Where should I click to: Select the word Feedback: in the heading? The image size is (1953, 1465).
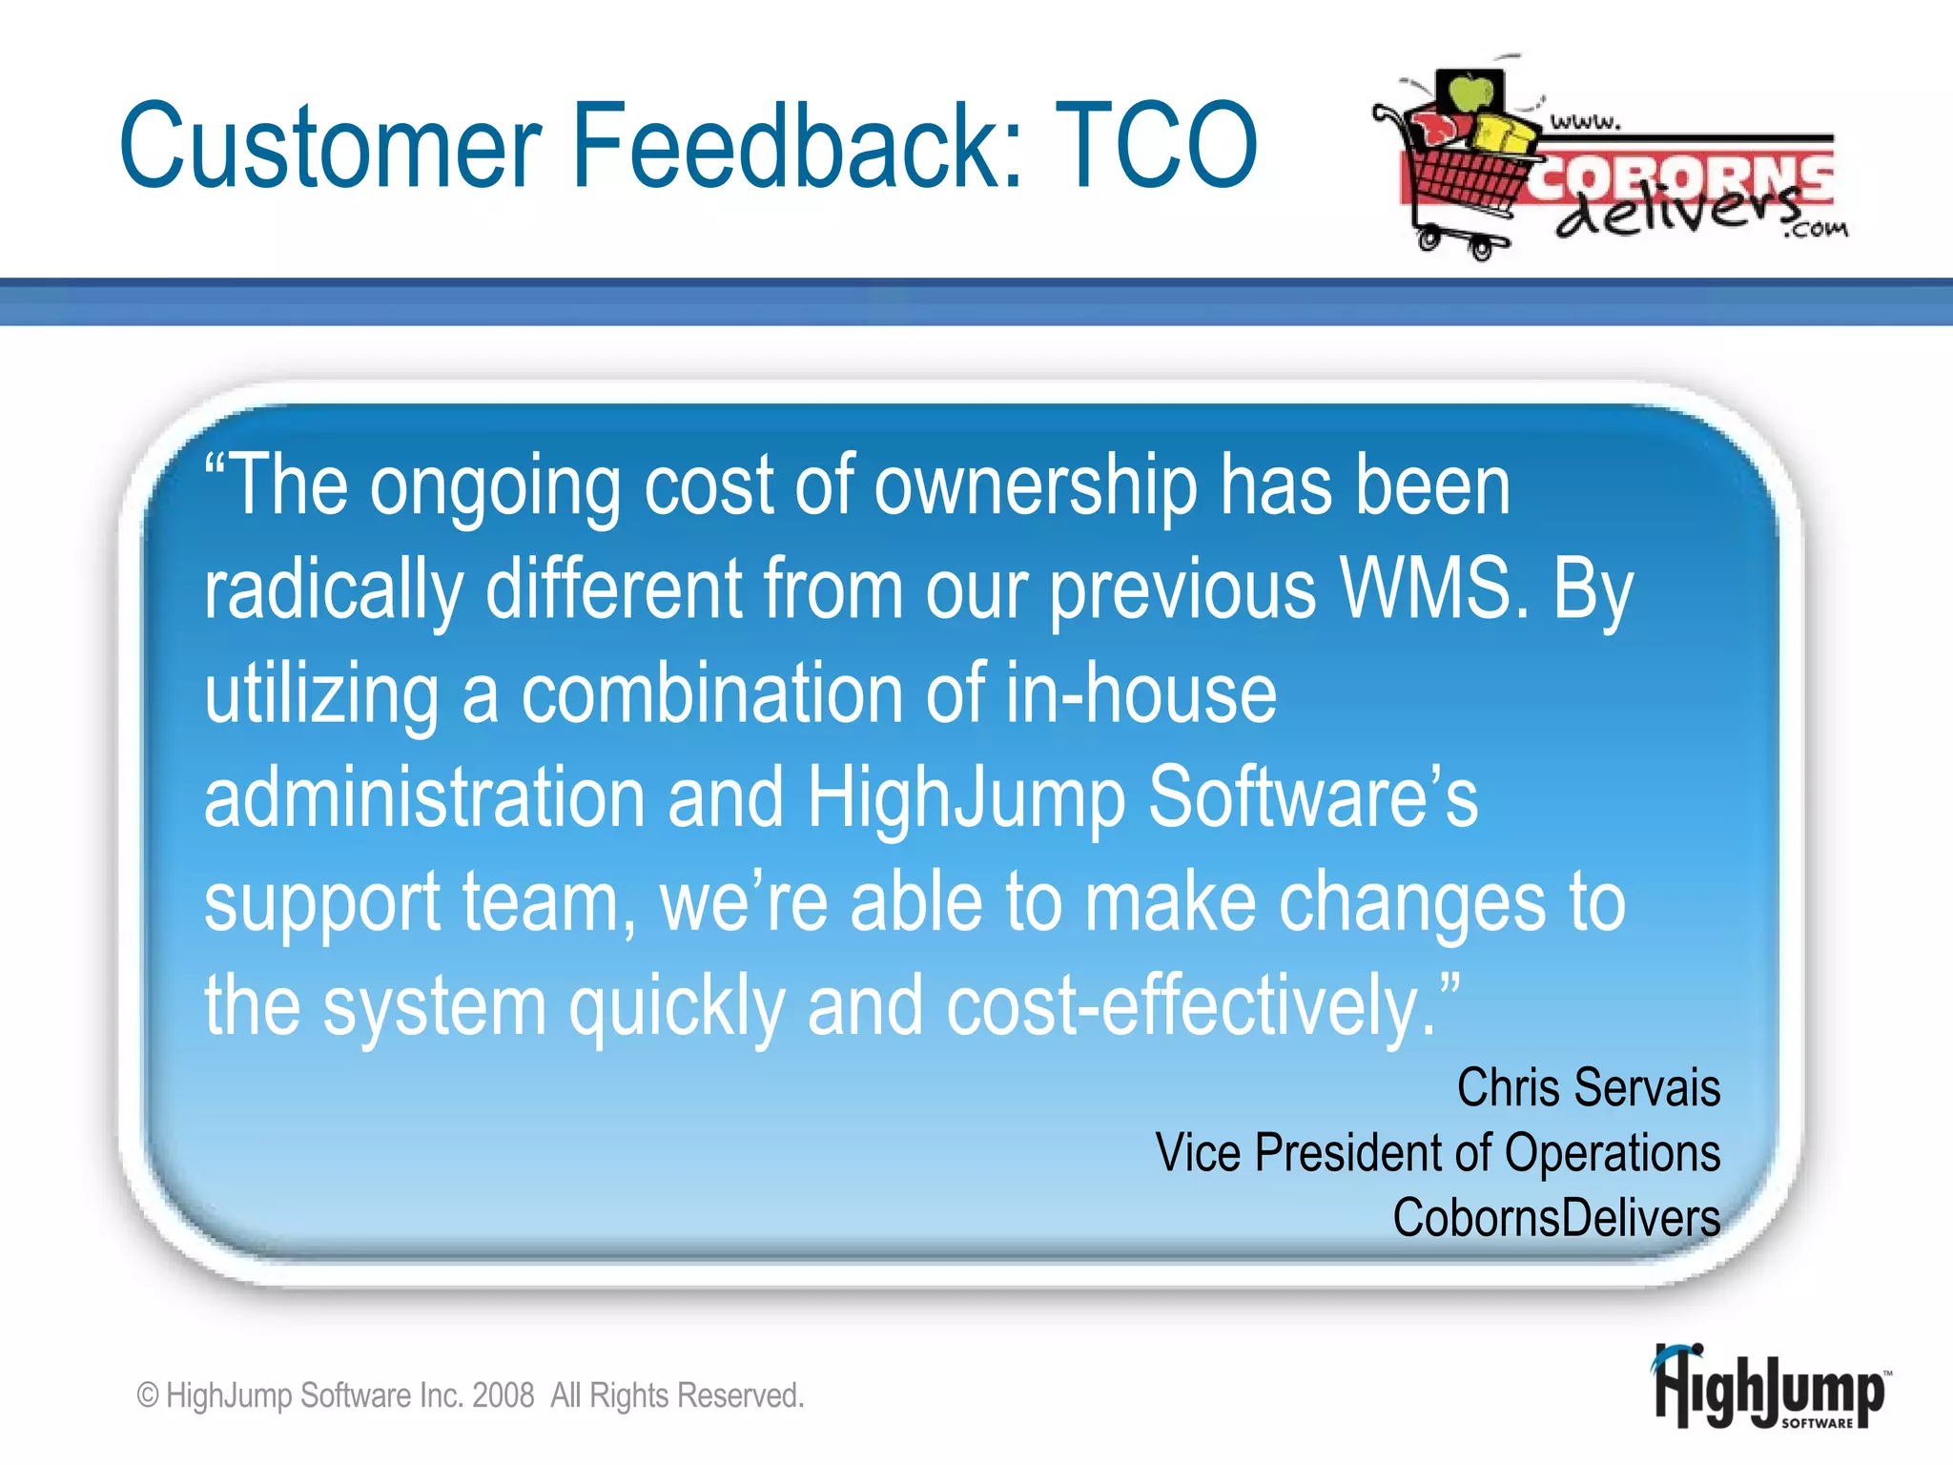(x=797, y=146)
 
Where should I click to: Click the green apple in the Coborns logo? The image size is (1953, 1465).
(x=1470, y=93)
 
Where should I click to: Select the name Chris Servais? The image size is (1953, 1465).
(x=1588, y=1087)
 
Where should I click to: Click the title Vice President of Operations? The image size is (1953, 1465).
(x=1437, y=1152)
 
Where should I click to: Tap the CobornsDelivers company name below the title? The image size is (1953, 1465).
(x=1555, y=1218)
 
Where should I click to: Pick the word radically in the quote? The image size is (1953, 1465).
(x=334, y=591)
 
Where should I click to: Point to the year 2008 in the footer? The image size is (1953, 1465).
(x=503, y=1395)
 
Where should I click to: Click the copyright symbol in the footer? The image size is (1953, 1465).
(x=148, y=1396)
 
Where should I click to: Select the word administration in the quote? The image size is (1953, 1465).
(x=424, y=798)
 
